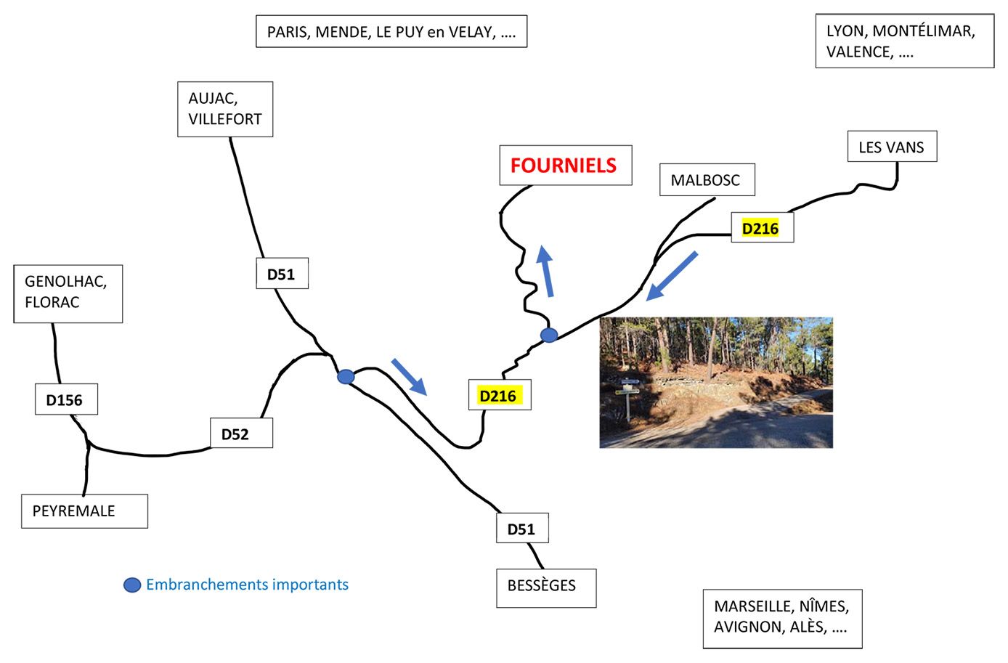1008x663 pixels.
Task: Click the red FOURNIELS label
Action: tap(564, 165)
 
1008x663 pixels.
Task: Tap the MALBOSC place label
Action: tap(705, 180)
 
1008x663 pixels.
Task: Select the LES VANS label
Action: tap(891, 147)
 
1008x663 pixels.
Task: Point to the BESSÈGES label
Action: tap(541, 585)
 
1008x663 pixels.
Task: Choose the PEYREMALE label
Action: tap(74, 511)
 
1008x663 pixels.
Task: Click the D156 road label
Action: tap(65, 400)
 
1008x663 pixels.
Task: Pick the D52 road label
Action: tap(235, 434)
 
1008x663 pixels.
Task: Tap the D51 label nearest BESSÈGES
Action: tap(521, 529)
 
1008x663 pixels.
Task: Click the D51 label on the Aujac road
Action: tap(281, 274)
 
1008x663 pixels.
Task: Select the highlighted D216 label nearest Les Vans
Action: tap(760, 229)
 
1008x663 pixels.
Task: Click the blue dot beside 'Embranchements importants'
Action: tap(132, 585)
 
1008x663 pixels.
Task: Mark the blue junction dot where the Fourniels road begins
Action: tap(549, 335)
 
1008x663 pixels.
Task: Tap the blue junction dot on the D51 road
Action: tap(346, 377)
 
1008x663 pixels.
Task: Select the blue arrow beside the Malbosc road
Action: tap(672, 275)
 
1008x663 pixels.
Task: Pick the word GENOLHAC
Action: tap(65, 282)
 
